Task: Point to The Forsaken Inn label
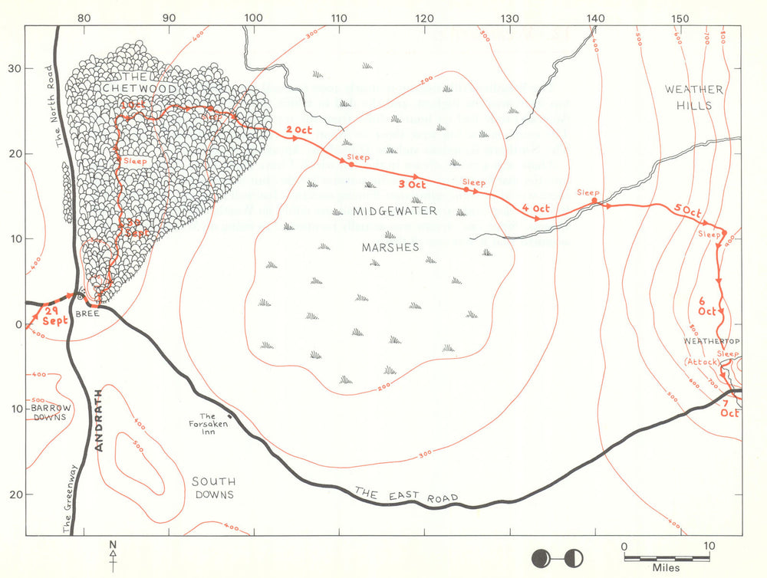click(x=203, y=422)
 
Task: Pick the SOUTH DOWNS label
click(x=212, y=488)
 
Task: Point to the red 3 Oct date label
click(x=412, y=185)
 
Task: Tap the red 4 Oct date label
click(x=535, y=209)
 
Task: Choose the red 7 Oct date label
click(x=729, y=408)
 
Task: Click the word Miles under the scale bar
click(x=667, y=569)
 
